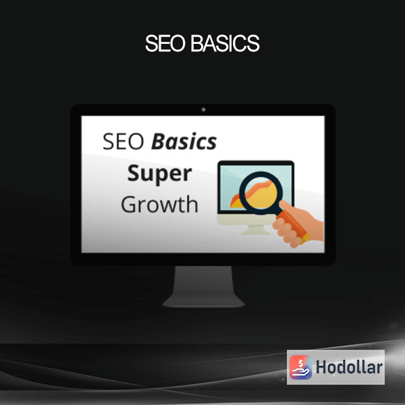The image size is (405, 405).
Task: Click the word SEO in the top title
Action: tap(165, 43)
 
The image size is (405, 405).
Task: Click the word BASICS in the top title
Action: tap(225, 43)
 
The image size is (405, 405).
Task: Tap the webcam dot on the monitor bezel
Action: tap(203, 109)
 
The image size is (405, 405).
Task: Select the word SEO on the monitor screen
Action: tap(123, 141)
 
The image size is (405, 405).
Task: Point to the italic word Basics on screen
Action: tap(184, 141)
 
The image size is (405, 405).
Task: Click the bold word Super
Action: tap(159, 173)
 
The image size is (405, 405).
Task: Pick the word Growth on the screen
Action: tap(159, 205)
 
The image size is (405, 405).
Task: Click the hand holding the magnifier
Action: tap(300, 225)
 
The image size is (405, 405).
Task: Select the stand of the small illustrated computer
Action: tap(256, 230)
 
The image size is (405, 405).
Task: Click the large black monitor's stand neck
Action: tap(203, 280)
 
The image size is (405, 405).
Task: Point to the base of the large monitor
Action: tap(203, 301)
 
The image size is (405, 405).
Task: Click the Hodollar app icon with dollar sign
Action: tap(300, 367)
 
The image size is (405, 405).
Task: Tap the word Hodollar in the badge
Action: tap(349, 367)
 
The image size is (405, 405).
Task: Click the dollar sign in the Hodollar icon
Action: tap(300, 363)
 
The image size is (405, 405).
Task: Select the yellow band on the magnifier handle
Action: tap(306, 238)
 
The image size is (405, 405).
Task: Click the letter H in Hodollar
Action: tap(321, 367)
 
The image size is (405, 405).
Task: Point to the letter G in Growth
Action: tap(129, 205)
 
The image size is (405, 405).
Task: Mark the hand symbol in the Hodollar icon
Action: tap(300, 372)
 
